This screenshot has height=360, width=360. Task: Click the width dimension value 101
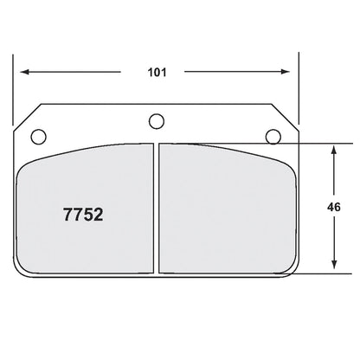pos(156,72)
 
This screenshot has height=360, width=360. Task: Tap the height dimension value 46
pos(334,207)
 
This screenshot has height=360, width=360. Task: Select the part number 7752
pos(84,215)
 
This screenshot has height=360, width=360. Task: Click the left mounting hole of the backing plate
pos(37,135)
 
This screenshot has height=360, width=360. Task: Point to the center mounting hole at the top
pos(156,120)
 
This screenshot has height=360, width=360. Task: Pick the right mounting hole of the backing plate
pos(273,135)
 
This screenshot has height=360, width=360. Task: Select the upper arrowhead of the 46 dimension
pos(334,149)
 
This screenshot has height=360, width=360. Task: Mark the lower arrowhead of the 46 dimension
pos(334,266)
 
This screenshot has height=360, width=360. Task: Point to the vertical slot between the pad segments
pos(156,208)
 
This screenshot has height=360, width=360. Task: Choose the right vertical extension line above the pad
pos(299,87)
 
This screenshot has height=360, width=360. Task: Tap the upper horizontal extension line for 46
pos(320,143)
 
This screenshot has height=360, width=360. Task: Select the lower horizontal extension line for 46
pos(320,272)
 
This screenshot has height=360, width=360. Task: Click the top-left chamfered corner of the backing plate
pos(26,116)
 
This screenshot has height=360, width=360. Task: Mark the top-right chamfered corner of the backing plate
pos(286,116)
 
